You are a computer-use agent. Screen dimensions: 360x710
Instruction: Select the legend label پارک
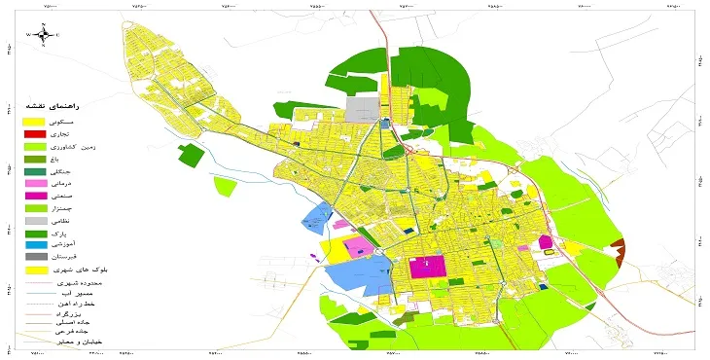point(74,234)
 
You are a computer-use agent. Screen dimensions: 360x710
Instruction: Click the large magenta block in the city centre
point(427,267)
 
